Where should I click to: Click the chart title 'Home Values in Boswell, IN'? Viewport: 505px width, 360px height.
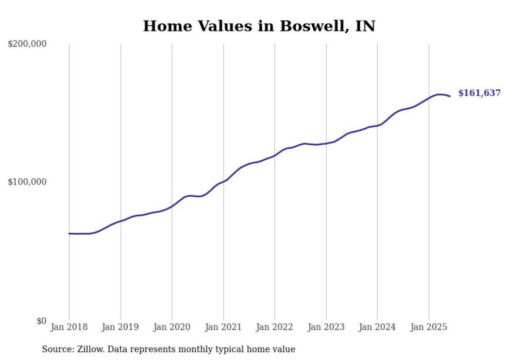[x=259, y=26]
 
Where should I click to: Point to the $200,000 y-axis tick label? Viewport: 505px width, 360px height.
[x=27, y=44]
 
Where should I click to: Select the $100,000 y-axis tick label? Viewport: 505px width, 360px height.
[x=27, y=182]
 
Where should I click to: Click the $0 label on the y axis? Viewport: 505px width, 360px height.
[x=41, y=321]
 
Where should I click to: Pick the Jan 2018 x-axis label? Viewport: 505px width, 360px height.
[x=69, y=327]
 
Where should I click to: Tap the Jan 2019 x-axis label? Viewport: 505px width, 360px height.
[x=121, y=327]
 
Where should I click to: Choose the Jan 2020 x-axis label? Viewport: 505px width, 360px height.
[x=172, y=327]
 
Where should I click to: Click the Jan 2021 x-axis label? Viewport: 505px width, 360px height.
[x=223, y=327]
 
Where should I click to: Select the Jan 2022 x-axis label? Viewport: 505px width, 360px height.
[x=275, y=327]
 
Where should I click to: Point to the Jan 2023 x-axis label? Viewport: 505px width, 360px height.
[x=326, y=327]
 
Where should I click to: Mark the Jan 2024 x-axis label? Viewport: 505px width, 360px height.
[x=377, y=327]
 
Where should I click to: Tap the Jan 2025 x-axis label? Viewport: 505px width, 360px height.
[x=429, y=327]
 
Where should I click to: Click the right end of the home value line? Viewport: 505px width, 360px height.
[x=450, y=96]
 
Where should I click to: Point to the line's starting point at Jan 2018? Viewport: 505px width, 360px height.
[x=69, y=233]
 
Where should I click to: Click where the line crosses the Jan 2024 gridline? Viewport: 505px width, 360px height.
[x=377, y=125]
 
